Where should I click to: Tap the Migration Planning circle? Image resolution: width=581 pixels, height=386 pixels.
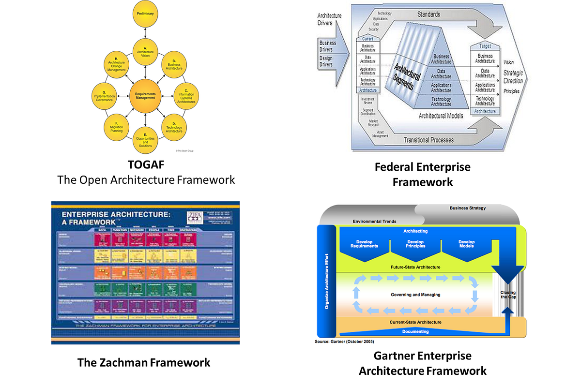tap(116, 128)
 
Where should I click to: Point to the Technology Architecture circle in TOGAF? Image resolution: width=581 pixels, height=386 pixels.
tap(174, 128)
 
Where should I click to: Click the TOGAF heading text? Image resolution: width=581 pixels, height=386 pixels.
tap(145, 165)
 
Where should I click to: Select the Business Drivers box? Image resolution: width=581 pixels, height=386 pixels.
tap(328, 46)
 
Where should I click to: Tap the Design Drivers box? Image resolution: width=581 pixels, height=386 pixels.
tap(326, 61)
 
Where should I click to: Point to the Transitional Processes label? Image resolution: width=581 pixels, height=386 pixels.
tap(429, 140)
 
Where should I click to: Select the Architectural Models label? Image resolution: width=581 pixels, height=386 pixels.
tap(441, 116)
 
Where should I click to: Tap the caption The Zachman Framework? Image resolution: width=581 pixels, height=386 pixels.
tap(144, 362)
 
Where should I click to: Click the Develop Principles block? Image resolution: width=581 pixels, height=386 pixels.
tap(415, 244)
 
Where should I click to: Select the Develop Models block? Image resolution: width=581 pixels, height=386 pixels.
tap(467, 244)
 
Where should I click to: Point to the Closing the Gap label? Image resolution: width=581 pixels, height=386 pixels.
tap(508, 295)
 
